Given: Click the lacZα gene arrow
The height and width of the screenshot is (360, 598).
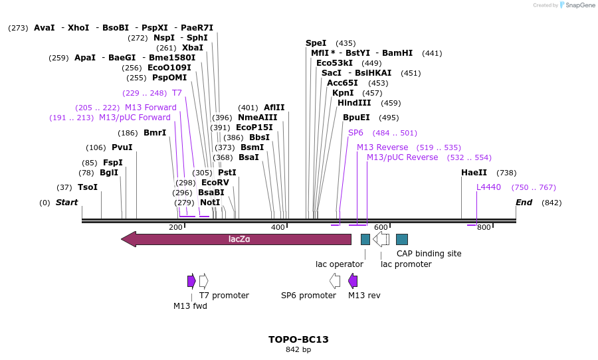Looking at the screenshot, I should [x=237, y=239].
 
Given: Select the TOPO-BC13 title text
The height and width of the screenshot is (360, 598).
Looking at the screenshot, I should [x=298, y=339].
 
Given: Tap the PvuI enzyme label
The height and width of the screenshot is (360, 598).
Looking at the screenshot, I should [x=122, y=147].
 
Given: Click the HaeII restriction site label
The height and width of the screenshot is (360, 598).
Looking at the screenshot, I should [x=474, y=173].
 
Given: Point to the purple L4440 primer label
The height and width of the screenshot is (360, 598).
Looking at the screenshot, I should [x=488, y=187].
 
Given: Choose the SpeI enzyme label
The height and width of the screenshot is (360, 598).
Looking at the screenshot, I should [x=316, y=43].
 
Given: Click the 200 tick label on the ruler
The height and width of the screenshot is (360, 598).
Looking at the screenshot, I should [x=175, y=227].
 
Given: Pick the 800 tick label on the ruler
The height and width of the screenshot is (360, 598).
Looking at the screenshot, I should [x=484, y=227].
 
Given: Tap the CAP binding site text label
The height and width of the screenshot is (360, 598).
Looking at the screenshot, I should [x=429, y=254].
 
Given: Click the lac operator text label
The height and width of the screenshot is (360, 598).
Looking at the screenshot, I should [x=339, y=264].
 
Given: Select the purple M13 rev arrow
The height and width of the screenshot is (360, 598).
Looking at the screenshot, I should [x=353, y=281].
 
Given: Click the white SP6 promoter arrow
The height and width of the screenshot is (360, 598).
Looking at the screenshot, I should [x=335, y=281].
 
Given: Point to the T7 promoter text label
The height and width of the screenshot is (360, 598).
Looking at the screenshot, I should [x=224, y=296].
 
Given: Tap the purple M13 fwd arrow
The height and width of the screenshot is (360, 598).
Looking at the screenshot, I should [x=191, y=281].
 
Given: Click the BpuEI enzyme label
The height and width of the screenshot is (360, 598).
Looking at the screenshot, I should [x=356, y=118].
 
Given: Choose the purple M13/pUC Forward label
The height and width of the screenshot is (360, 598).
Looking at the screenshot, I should [x=134, y=118].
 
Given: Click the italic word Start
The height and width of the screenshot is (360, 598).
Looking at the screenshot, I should [x=66, y=203].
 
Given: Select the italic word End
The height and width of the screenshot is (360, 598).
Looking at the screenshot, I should [x=524, y=203].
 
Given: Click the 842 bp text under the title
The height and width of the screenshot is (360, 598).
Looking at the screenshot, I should [x=298, y=350].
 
